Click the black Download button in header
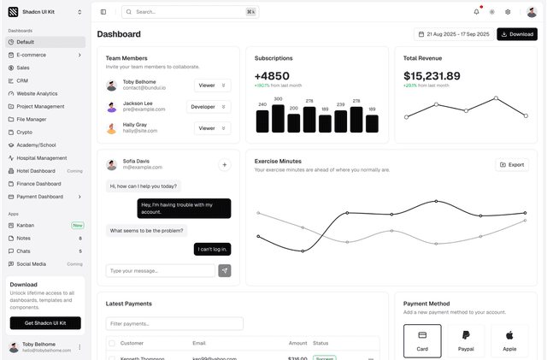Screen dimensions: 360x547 click(x=517, y=34)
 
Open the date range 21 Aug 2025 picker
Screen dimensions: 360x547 click(x=452, y=34)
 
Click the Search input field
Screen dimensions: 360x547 click(x=189, y=12)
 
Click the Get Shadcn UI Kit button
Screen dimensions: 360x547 click(x=45, y=323)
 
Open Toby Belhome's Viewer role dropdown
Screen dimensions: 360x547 click(x=212, y=86)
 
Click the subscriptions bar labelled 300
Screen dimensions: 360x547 click(x=278, y=118)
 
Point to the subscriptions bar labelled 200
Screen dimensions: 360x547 click(x=294, y=123)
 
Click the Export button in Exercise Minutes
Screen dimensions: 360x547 click(x=512, y=164)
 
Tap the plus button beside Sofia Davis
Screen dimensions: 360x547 click(x=224, y=165)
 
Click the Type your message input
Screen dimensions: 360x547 click(x=161, y=270)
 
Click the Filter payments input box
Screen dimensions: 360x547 click(x=174, y=323)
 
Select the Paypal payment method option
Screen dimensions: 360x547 click(x=466, y=340)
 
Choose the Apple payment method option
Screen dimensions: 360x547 click(x=509, y=340)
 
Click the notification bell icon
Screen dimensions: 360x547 click(x=476, y=12)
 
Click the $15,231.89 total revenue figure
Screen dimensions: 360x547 click(x=432, y=76)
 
